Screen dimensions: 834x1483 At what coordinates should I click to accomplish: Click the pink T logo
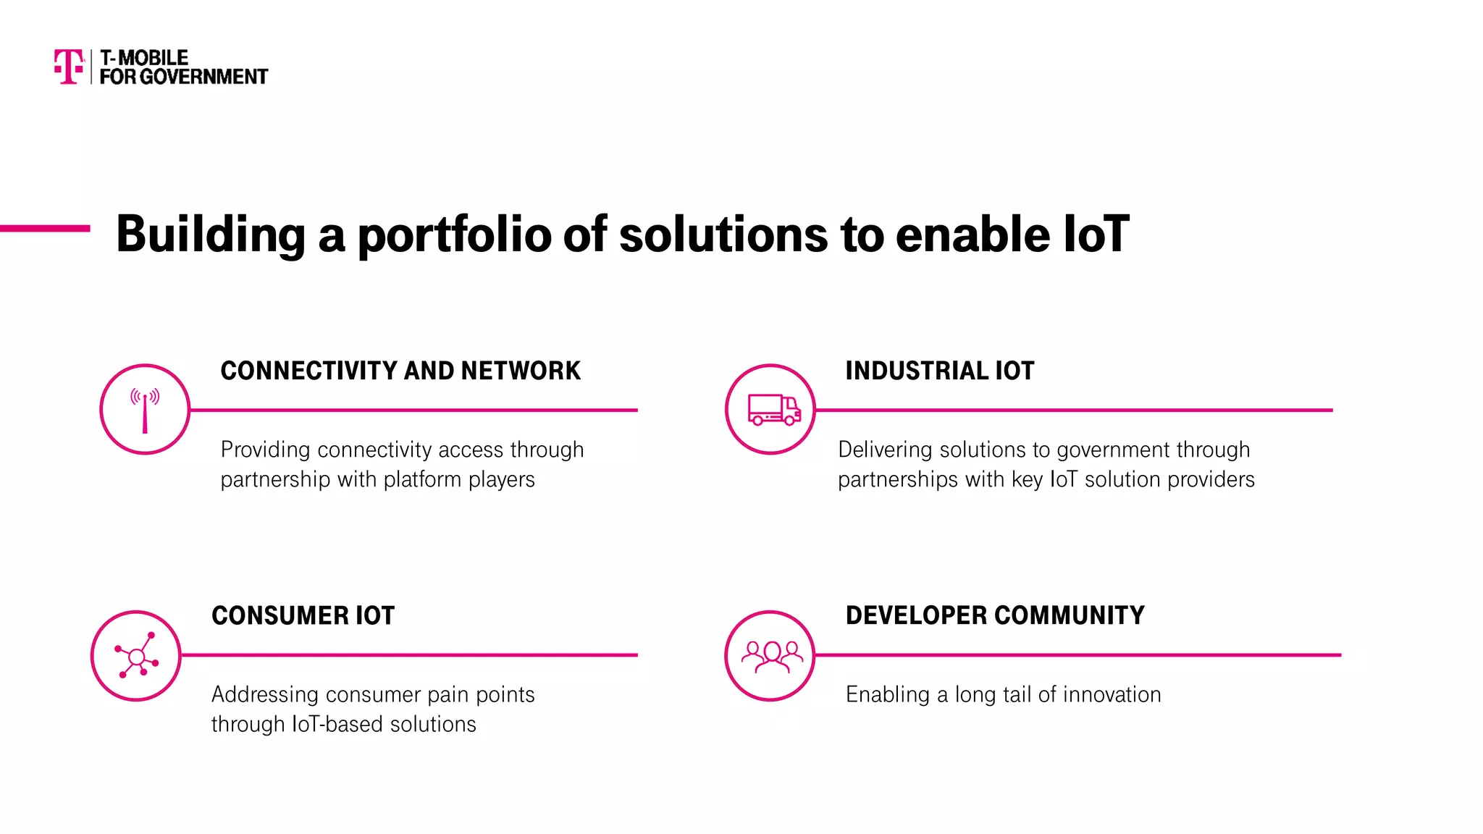click(69, 67)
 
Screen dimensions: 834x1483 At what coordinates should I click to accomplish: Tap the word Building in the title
click(211, 235)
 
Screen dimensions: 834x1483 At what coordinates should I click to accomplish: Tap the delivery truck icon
click(773, 410)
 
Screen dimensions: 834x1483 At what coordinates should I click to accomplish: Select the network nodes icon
click(136, 656)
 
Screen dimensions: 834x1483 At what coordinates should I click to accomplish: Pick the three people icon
click(771, 656)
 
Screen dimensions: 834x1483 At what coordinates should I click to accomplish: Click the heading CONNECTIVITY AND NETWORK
click(400, 371)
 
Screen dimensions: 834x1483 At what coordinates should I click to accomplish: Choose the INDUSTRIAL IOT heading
click(939, 371)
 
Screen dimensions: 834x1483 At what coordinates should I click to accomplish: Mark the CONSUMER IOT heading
click(303, 616)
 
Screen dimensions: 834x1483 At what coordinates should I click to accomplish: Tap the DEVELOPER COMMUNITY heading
click(994, 615)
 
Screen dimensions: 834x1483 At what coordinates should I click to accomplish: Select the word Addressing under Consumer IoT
click(264, 695)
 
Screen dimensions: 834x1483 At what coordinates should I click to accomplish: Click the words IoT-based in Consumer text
click(337, 725)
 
